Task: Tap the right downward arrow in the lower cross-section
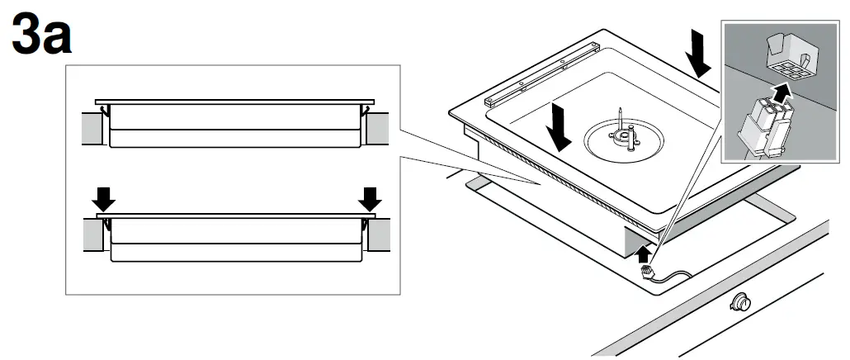pyautogui.click(x=371, y=197)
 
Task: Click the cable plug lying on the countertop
pyautogui.click(x=646, y=270)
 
